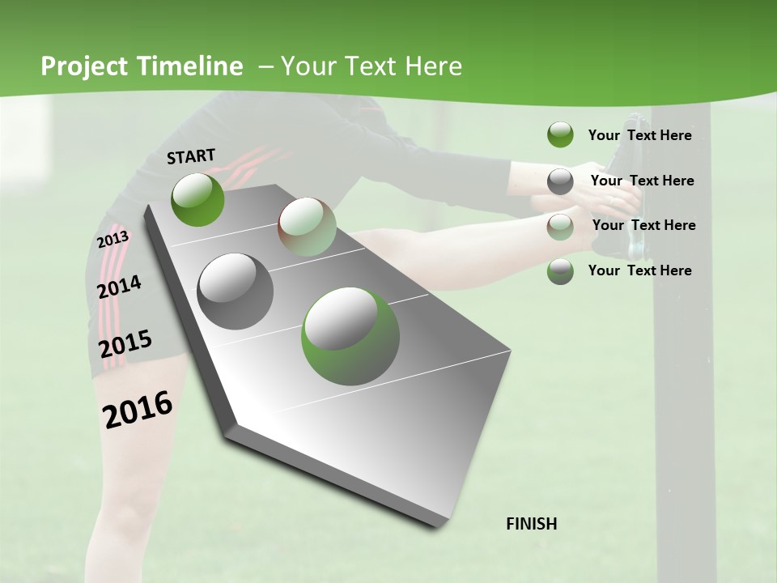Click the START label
(191, 156)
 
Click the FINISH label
(531, 524)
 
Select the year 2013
(113, 240)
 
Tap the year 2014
(119, 287)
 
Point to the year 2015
(125, 344)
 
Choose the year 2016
(138, 409)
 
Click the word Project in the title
(84, 66)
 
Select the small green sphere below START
(197, 199)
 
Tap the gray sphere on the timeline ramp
(236, 291)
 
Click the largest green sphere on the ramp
(350, 336)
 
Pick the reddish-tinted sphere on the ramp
(307, 228)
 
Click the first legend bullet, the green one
(560, 134)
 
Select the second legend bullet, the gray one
(560, 181)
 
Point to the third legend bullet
(560, 226)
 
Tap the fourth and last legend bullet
(560, 271)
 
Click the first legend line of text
(639, 135)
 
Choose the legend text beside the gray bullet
(642, 181)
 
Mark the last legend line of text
(639, 270)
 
